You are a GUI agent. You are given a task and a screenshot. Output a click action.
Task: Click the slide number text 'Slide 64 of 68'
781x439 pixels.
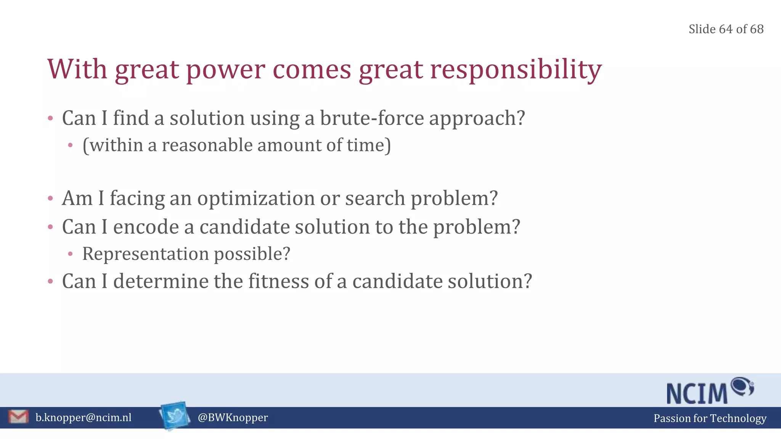coord(726,29)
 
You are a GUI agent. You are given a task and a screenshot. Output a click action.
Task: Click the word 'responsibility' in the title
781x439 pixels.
coord(516,70)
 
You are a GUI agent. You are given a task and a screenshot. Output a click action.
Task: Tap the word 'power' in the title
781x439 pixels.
coord(225,70)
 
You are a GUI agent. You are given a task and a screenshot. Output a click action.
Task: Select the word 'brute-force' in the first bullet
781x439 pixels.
coord(371,118)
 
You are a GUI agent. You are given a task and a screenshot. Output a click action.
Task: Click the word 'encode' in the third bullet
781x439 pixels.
coord(146,227)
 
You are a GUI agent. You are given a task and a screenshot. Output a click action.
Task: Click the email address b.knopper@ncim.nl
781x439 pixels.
coord(84,418)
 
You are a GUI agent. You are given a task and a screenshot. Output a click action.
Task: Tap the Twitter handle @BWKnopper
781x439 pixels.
coord(233,418)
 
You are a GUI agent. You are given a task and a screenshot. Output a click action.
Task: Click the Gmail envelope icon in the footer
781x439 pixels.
coord(18,417)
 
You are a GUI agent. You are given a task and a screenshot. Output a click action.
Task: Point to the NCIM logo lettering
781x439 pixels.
coord(697,394)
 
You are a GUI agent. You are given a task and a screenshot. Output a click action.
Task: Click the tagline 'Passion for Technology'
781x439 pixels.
coord(710,418)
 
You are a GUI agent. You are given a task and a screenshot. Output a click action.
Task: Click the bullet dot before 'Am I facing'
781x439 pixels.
coord(50,199)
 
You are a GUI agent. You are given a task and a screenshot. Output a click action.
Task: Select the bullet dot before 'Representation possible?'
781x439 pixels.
coord(70,254)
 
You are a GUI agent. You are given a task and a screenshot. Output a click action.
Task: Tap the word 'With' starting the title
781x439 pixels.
coord(77,69)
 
